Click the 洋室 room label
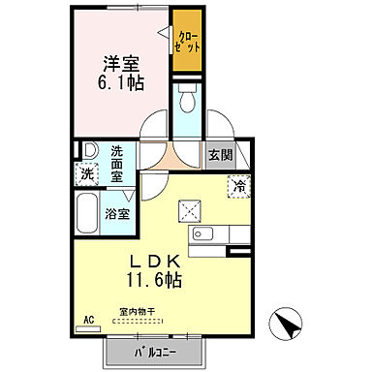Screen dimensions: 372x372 [123, 64]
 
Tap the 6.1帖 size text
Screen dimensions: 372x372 [123, 83]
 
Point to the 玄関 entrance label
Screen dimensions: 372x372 [220, 155]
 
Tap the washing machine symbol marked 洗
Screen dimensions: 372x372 [87, 175]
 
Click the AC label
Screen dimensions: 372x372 [88, 319]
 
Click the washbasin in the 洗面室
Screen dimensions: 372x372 [89, 150]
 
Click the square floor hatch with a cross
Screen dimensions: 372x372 [188, 210]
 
